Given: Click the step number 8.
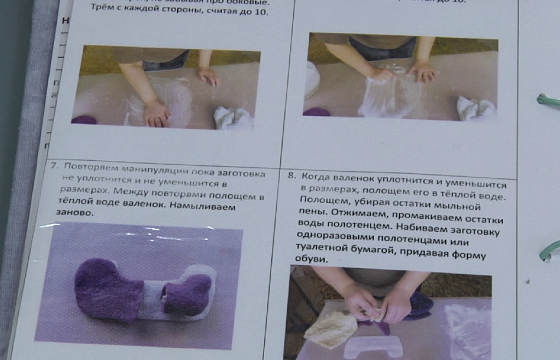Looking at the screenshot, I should tap(291, 176).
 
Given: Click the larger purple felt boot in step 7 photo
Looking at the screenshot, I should tap(106, 289).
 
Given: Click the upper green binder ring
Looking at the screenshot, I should tap(547, 100).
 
